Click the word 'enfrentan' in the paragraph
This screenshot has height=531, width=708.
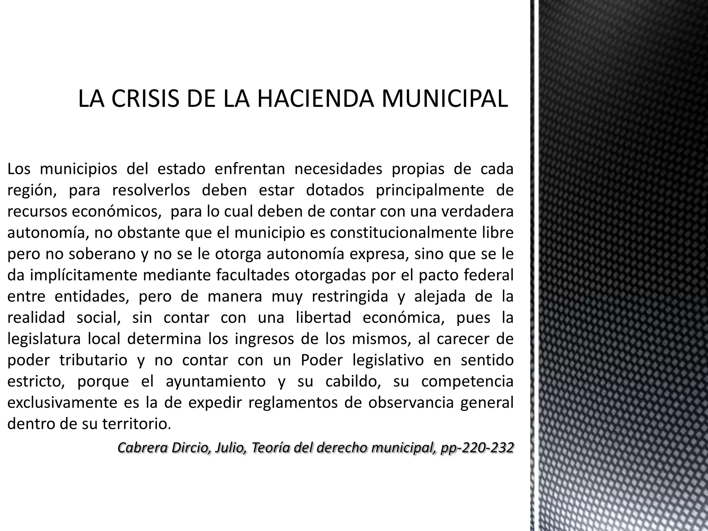tap(250, 169)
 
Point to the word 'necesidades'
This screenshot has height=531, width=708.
tap(338, 169)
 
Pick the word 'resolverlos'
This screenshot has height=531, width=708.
tap(151, 190)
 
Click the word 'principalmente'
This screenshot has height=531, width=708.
tap(430, 190)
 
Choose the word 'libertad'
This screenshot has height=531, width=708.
tap(323, 318)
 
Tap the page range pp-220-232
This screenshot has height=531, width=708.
tap(477, 447)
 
